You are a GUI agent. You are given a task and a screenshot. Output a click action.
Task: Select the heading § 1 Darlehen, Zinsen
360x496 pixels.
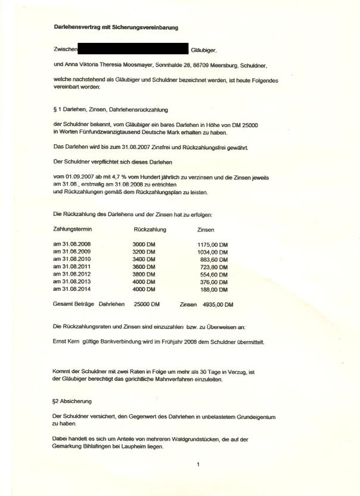(110, 110)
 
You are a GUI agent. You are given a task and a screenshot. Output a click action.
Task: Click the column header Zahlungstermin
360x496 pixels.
(72, 229)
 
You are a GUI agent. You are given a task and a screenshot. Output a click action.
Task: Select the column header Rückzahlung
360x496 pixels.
(150, 229)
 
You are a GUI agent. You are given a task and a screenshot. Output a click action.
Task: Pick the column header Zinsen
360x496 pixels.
(206, 229)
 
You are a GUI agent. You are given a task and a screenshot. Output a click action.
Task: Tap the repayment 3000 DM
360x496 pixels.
(143, 244)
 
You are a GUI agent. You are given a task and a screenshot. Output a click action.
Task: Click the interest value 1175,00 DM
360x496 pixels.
(213, 245)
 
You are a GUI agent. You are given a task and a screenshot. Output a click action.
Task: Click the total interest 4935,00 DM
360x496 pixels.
(216, 305)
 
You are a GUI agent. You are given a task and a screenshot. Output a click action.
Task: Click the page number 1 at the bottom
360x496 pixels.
(197, 464)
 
